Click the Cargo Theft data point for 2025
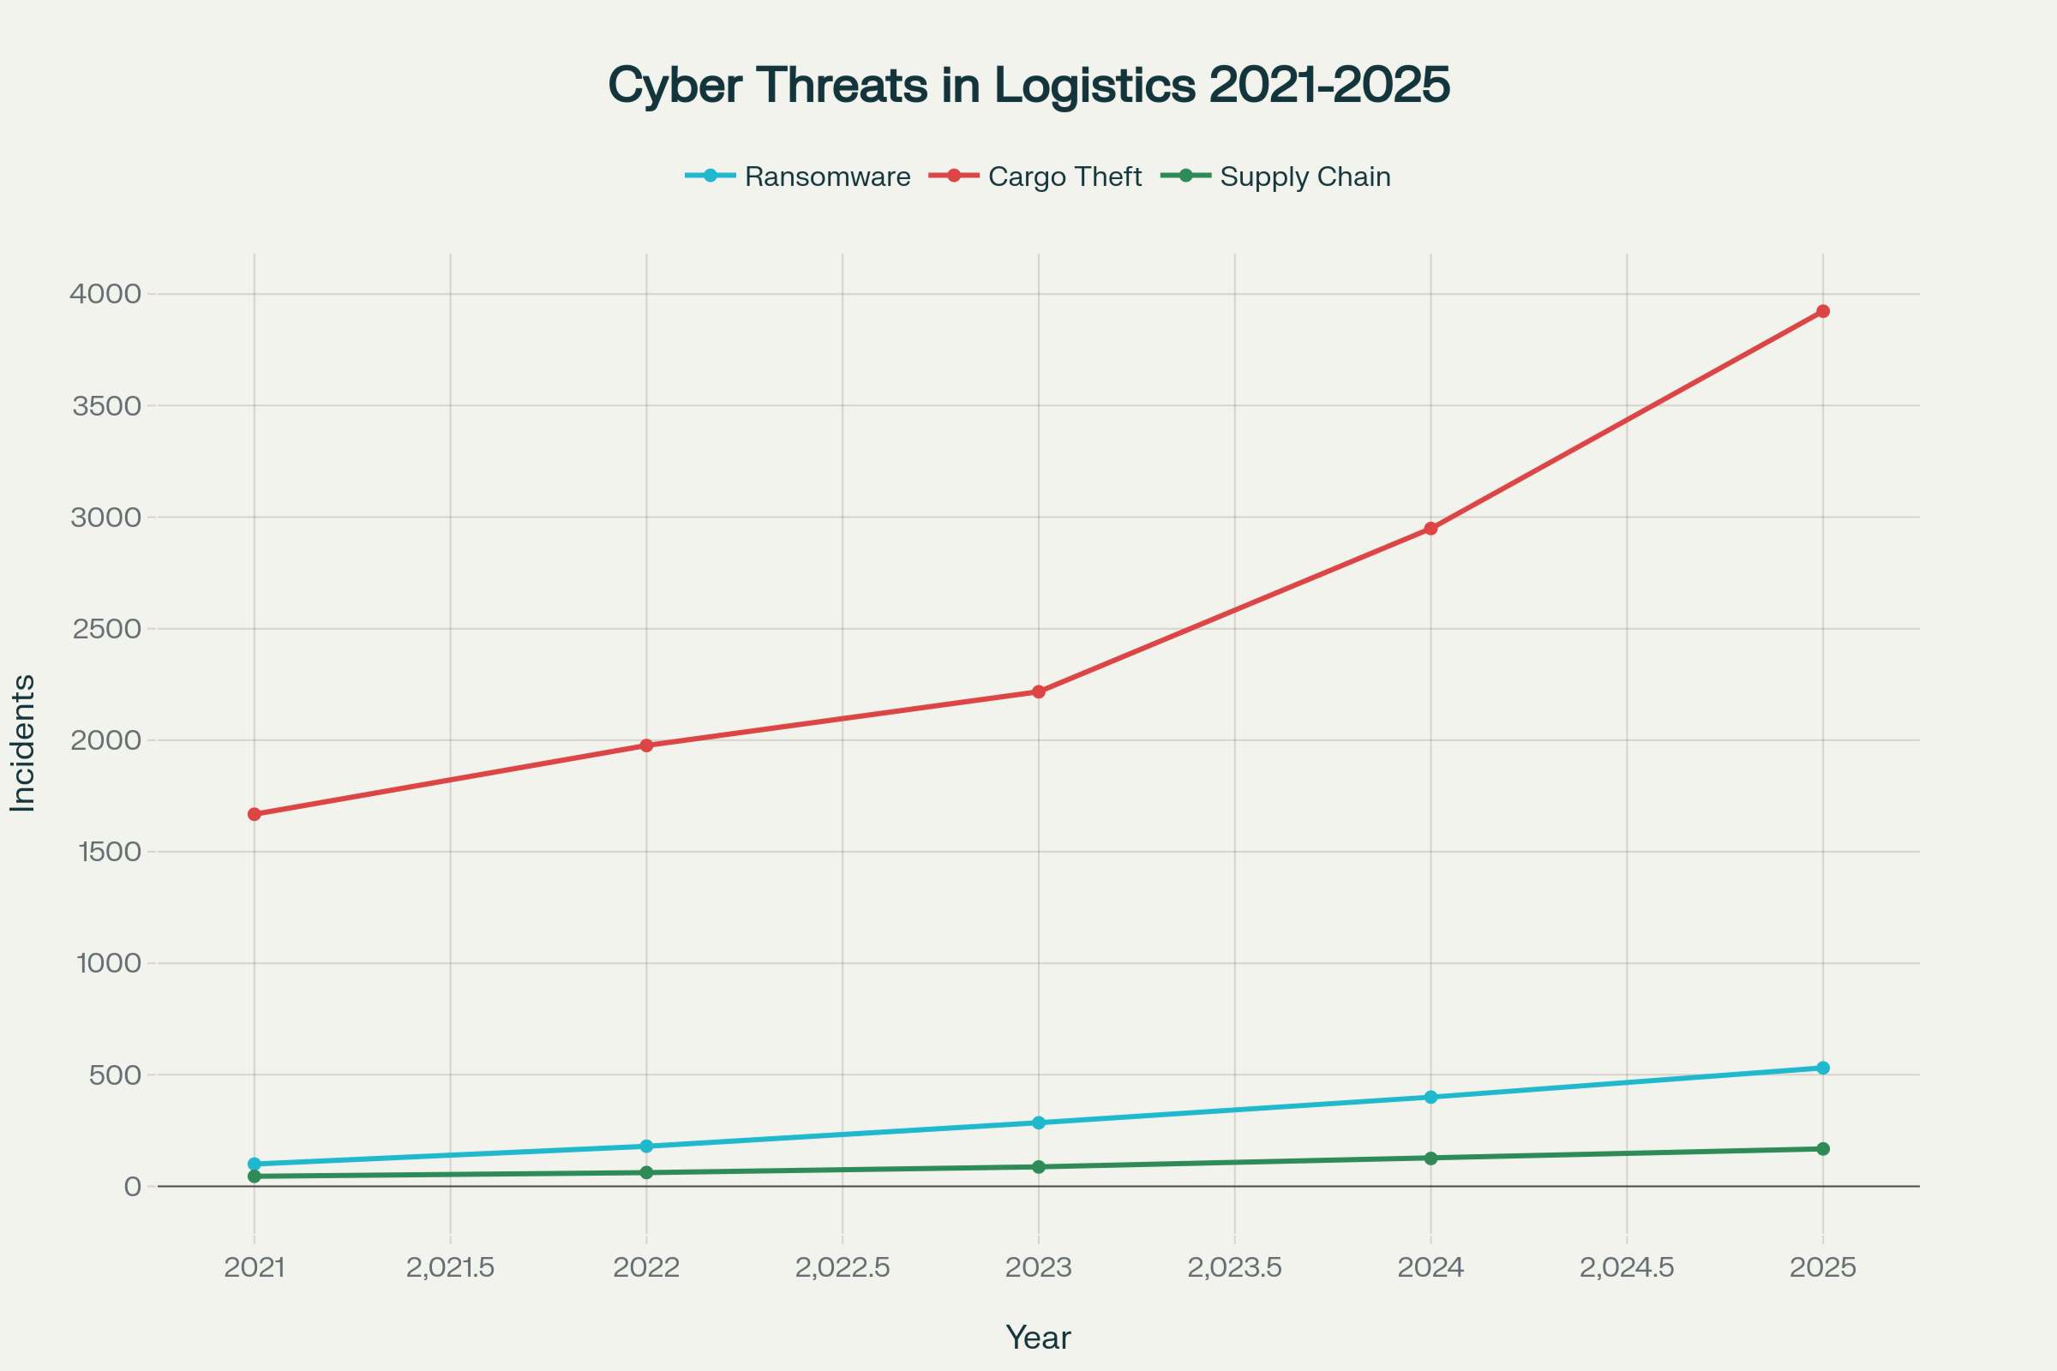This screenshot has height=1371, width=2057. pyautogui.click(x=1823, y=311)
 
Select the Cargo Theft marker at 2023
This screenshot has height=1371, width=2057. pyautogui.click(x=1039, y=691)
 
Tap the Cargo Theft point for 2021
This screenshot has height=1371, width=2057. pyautogui.click(x=255, y=814)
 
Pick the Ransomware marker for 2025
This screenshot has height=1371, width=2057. pyautogui.click(x=1823, y=1068)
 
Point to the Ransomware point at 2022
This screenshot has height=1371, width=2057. pyautogui.click(x=646, y=1146)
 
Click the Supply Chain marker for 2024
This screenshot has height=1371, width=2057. pyautogui.click(x=1430, y=1158)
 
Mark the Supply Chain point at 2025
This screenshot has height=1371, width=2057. pyautogui.click(x=1823, y=1149)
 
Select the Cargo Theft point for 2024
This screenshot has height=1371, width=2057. pyautogui.click(x=1430, y=528)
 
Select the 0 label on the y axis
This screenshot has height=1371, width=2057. pyautogui.click(x=132, y=1187)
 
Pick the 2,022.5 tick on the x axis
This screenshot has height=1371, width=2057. pyautogui.click(x=843, y=1268)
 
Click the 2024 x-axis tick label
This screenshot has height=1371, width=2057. pyautogui.click(x=1430, y=1268)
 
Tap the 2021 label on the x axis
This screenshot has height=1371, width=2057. pyautogui.click(x=255, y=1268)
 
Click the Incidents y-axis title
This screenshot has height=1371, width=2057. pyautogui.click(x=23, y=743)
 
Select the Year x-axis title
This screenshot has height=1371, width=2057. pyautogui.click(x=1038, y=1338)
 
